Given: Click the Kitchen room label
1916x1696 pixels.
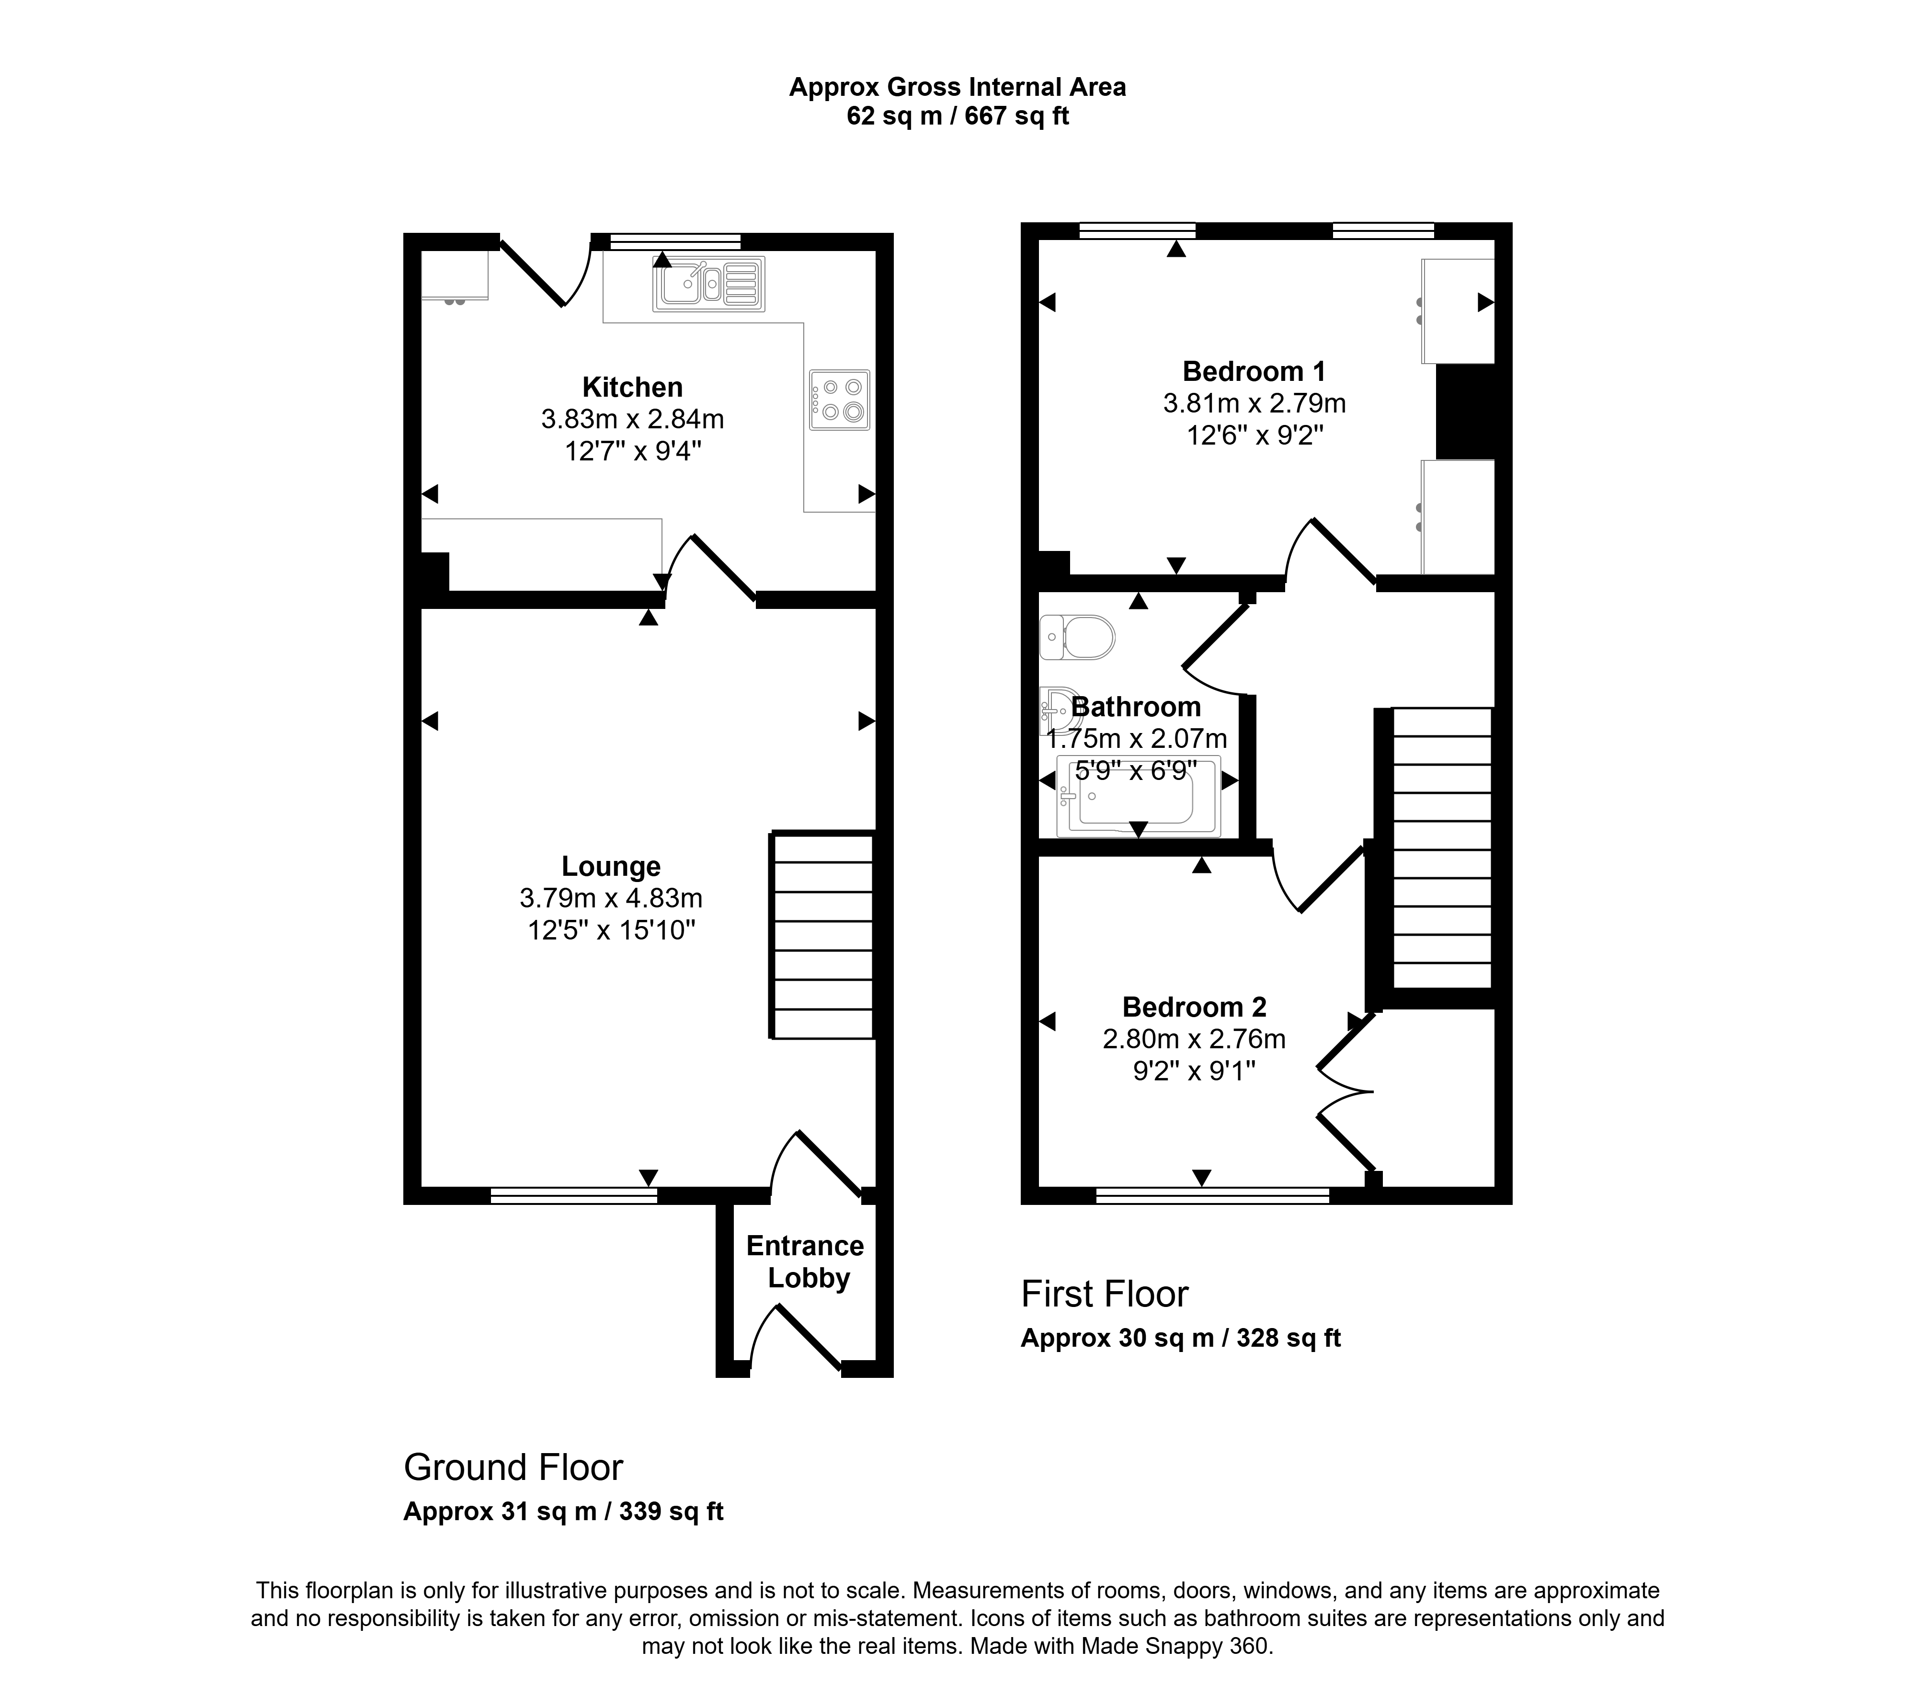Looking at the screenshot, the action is click(x=633, y=387).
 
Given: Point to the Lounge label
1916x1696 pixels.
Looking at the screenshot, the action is click(x=611, y=866).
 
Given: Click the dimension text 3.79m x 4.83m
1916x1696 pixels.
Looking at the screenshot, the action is click(x=611, y=898).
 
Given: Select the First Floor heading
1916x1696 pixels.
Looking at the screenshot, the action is click(x=1104, y=1294).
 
